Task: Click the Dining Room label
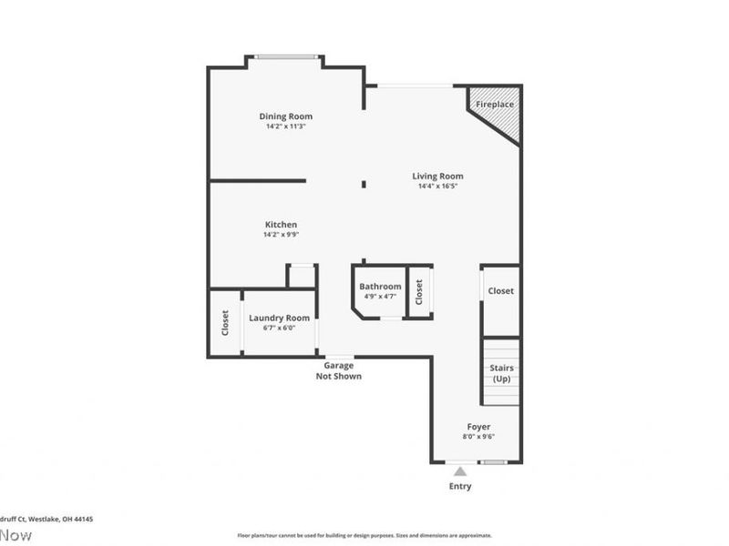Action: tap(285, 116)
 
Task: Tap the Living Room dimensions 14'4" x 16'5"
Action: tap(437, 187)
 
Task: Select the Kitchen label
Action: tap(281, 225)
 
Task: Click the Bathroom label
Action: tap(380, 287)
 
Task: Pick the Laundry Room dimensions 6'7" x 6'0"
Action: tap(279, 328)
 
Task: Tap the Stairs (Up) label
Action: tap(501, 373)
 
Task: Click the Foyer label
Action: tap(479, 427)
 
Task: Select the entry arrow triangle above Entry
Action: tap(460, 471)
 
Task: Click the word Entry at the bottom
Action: tap(460, 487)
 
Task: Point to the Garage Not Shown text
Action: tap(339, 370)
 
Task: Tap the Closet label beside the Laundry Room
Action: tap(225, 323)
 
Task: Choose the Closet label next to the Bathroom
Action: tap(419, 292)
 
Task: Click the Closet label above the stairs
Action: tap(500, 291)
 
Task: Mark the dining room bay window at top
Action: tap(286, 57)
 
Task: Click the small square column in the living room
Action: tap(364, 185)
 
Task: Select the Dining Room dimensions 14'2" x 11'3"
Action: tap(285, 126)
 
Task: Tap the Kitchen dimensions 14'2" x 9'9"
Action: tap(281, 235)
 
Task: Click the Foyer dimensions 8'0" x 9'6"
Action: tap(479, 437)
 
